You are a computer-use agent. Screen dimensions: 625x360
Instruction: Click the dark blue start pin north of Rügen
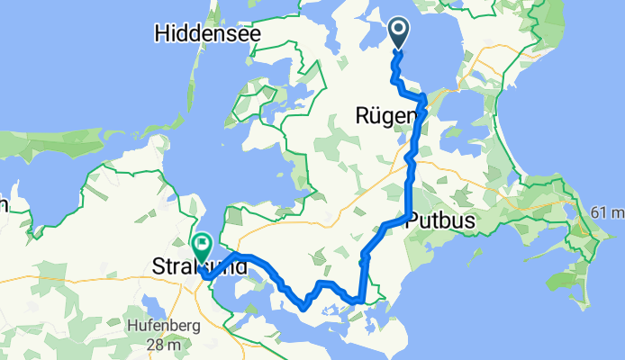[399, 35]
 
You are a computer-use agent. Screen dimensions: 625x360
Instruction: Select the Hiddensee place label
[207, 34]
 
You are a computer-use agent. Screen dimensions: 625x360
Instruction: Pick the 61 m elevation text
[607, 212]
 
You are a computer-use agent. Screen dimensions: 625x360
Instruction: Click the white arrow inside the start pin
[399, 31]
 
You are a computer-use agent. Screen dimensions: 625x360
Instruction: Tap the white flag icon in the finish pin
[202, 242]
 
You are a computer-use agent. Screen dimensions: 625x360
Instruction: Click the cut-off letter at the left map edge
[3, 205]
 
